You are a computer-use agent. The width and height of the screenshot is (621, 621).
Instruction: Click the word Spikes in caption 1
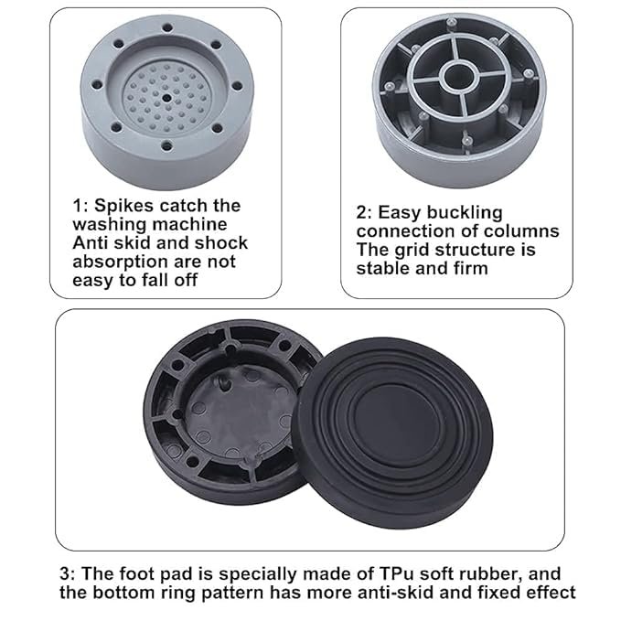[x=123, y=207]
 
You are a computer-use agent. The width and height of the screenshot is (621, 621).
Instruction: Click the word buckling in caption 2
[x=465, y=213]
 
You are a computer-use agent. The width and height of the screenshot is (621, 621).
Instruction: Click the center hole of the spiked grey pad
[x=166, y=98]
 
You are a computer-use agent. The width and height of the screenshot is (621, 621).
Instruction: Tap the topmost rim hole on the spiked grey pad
[x=167, y=27]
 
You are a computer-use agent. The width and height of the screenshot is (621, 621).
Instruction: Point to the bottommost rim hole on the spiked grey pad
[x=167, y=146]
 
